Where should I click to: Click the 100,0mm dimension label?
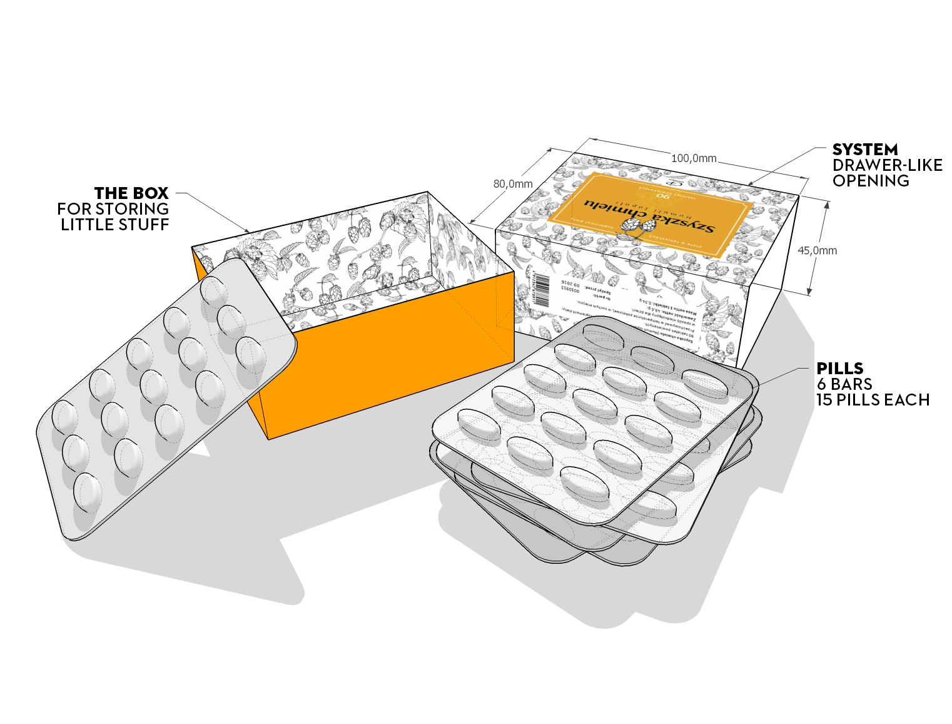tap(694, 158)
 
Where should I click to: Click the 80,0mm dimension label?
tap(513, 184)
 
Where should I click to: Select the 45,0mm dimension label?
tap(817, 250)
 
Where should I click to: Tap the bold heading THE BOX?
tap(131, 193)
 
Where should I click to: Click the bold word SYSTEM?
tap(864, 150)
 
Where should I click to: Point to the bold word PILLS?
tap(839, 369)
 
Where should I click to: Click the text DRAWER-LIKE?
tap(887, 165)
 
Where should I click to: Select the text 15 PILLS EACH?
tap(873, 400)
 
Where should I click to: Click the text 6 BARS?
tap(844, 384)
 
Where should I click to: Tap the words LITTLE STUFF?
tap(115, 225)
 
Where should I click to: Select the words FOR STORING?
tap(113, 209)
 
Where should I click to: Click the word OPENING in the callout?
tap(871, 181)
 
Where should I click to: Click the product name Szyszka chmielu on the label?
tap(651, 216)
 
